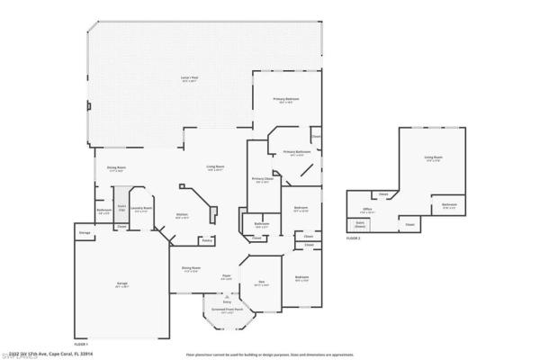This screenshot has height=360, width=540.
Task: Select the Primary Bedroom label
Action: (287, 99)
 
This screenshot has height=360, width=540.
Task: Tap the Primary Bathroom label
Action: (296, 152)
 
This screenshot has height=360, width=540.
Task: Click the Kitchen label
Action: (182, 214)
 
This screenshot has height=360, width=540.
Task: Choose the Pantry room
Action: (206, 240)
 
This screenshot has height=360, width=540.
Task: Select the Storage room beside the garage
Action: (85, 233)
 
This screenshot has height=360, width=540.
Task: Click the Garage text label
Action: (121, 284)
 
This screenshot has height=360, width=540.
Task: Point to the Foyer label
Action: (228, 275)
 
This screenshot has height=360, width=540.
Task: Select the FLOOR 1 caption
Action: (81, 344)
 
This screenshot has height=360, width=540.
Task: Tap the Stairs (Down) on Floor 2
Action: (360, 224)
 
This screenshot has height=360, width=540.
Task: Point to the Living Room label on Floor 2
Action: (433, 159)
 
